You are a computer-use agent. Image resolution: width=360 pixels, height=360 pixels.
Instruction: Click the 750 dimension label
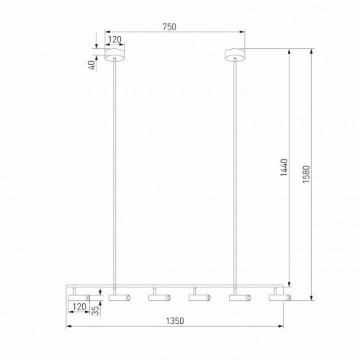[169, 27]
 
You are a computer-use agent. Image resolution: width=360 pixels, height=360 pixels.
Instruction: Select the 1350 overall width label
[175, 321]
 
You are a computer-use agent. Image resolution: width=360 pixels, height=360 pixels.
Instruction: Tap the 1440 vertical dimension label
[284, 167]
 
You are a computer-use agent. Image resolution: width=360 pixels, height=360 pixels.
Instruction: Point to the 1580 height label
[306, 174]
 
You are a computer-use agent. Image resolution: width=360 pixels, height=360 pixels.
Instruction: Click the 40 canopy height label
[91, 65]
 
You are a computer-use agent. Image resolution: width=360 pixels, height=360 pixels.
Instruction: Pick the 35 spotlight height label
[95, 310]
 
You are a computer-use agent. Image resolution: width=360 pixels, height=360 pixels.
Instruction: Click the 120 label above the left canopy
[114, 40]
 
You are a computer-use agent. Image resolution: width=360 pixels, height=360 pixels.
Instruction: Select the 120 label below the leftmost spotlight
[79, 307]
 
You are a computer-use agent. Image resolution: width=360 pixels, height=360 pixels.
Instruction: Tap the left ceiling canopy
[114, 55]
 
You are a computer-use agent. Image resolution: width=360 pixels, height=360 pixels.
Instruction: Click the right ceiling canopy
[235, 55]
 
